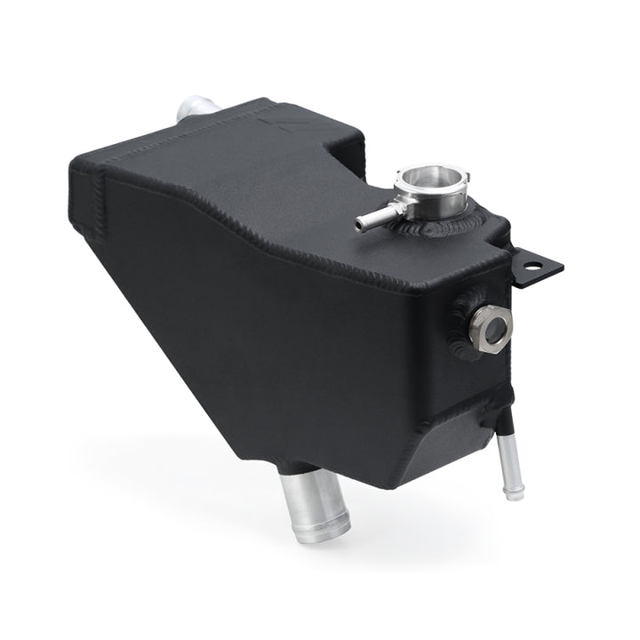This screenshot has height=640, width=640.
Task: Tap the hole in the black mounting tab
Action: pos(535,265)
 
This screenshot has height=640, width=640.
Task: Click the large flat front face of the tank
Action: pos(293,338)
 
